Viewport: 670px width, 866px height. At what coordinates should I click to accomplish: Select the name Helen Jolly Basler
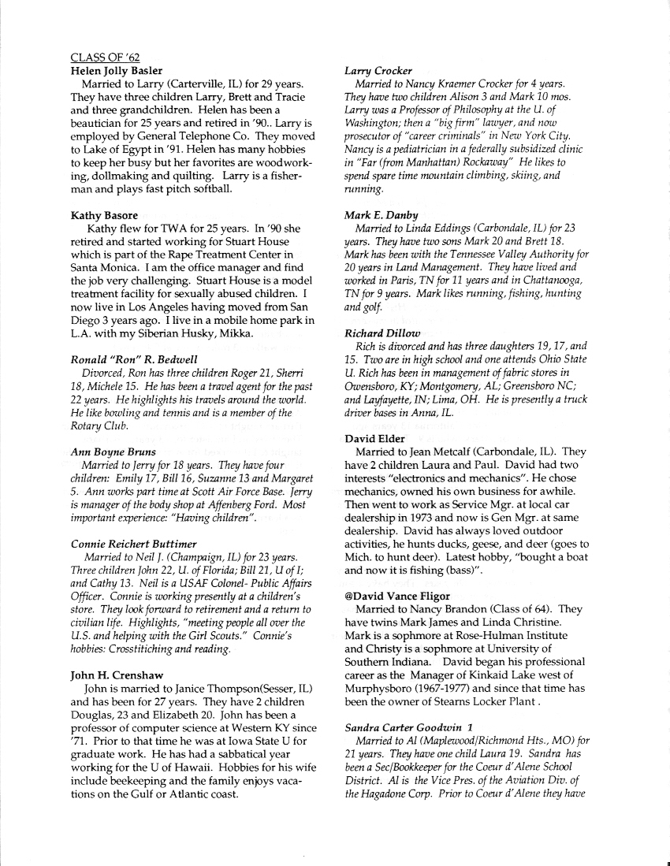tap(117, 71)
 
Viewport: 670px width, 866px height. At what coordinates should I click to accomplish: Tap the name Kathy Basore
tap(104, 215)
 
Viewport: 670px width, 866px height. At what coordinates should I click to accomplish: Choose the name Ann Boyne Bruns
tap(113, 452)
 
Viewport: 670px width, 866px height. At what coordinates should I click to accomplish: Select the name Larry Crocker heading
tap(378, 71)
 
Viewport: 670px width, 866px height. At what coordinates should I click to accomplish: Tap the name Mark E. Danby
tap(382, 215)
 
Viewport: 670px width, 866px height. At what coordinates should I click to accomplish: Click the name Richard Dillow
tap(382, 333)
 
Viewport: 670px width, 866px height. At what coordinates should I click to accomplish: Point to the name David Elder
tap(375, 438)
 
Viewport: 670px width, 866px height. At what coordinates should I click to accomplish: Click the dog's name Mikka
tap(235, 333)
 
